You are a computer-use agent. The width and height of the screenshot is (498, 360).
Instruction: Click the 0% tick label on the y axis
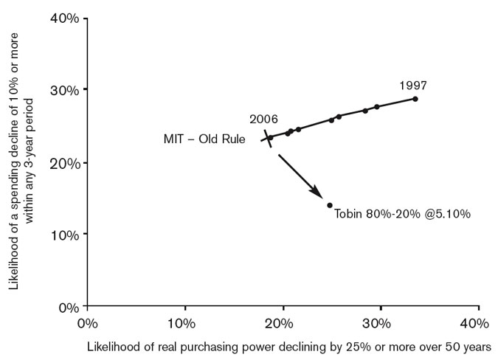click(67, 306)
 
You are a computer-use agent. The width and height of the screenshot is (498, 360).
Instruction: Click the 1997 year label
click(413, 85)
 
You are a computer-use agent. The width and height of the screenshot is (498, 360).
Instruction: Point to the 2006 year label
click(263, 119)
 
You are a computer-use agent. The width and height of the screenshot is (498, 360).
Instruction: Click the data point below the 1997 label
click(415, 99)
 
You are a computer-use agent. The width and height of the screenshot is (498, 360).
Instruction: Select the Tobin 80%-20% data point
click(329, 205)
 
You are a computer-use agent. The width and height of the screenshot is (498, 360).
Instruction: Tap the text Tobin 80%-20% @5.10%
click(402, 214)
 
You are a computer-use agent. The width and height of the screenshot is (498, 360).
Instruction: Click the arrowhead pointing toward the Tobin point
click(318, 193)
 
